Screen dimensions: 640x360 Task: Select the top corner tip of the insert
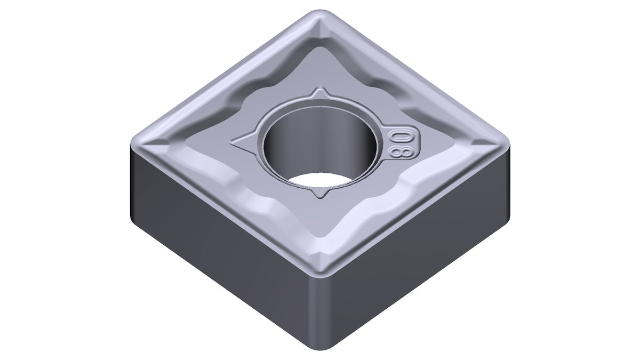click(321, 11)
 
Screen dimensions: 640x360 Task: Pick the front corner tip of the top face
click(321, 276)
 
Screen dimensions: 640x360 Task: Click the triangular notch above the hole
click(321, 93)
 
